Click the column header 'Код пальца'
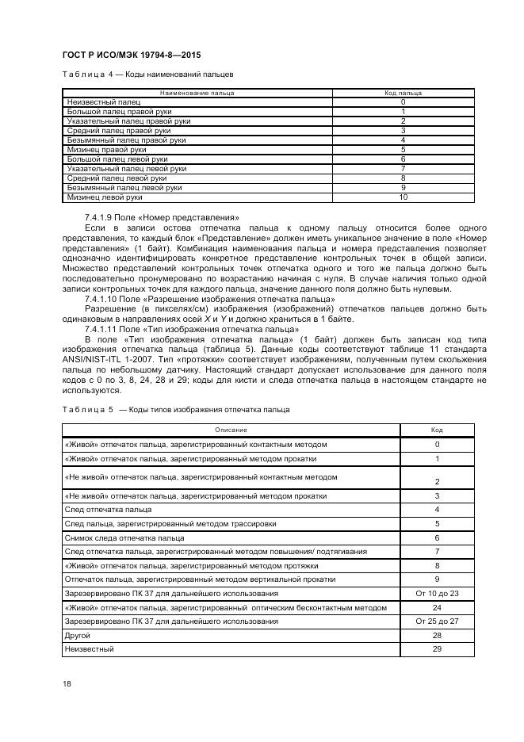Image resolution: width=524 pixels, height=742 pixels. pyautogui.click(x=403, y=93)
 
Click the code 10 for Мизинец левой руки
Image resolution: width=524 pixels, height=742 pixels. pyautogui.click(x=403, y=197)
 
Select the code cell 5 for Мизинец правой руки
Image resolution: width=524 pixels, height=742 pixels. pyautogui.click(x=403, y=150)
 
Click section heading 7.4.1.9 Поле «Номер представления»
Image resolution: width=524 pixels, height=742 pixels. pyautogui.click(x=150, y=217)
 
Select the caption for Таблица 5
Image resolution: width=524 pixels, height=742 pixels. pyautogui.click(x=175, y=409)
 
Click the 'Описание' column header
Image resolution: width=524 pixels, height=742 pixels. pyautogui.click(x=231, y=430)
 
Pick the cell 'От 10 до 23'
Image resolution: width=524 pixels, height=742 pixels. pyautogui.click(x=437, y=593)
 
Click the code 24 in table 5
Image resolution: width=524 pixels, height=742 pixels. pyautogui.click(x=437, y=607)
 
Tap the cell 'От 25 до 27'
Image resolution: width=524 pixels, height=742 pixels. pyautogui.click(x=437, y=622)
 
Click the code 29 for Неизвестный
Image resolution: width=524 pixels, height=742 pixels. pyautogui.click(x=437, y=650)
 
